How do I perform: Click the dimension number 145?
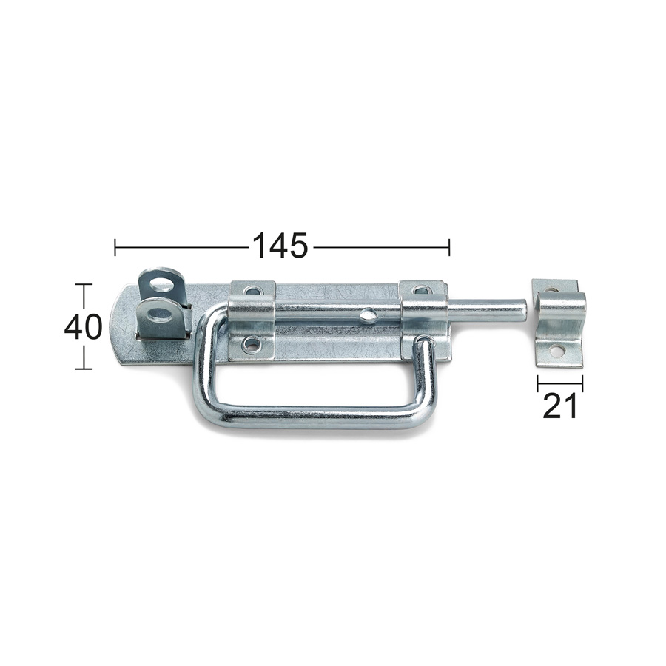pos(280,246)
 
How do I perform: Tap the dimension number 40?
pos(83,326)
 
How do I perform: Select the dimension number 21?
pos(559,406)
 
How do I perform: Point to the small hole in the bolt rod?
pos(368,316)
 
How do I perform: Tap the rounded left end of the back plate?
pos(116,326)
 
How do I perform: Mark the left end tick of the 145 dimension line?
pos(115,247)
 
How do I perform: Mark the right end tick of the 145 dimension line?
pos(448,247)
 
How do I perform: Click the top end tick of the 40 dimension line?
pos(83,285)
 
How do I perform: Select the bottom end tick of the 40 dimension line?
pos(83,368)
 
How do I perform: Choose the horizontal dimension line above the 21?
pos(560,383)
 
